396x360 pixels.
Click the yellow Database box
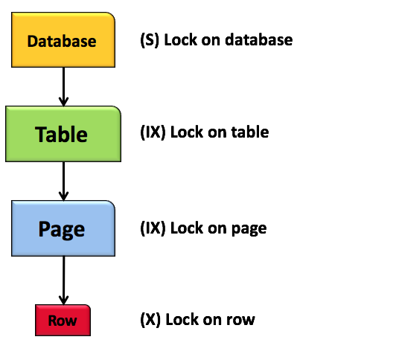63,41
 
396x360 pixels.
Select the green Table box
63,133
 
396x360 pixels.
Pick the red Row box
63,321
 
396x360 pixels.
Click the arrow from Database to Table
63,88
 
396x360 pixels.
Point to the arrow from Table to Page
63,181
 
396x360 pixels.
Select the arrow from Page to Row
63,276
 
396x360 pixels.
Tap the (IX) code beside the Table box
153,132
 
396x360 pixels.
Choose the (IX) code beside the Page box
153,228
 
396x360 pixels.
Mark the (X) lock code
150,320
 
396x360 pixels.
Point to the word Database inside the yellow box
62,42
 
